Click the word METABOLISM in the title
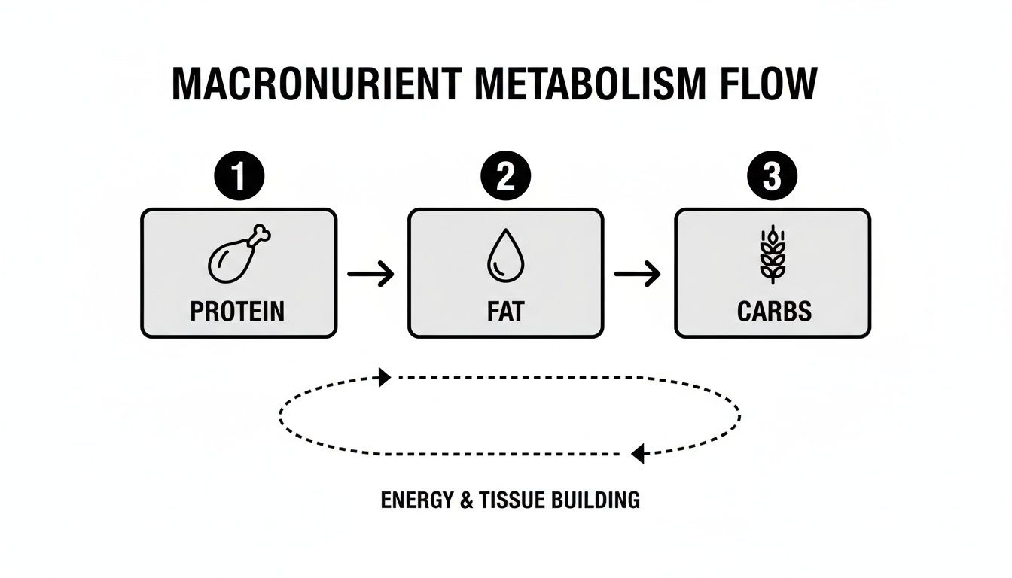pyautogui.click(x=586, y=85)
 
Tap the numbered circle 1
pyautogui.click(x=239, y=178)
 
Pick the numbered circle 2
pyautogui.click(x=506, y=178)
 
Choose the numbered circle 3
pyautogui.click(x=772, y=178)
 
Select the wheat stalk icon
pyautogui.click(x=772, y=255)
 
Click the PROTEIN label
pyautogui.click(x=238, y=312)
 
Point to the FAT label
pyautogui.click(x=505, y=312)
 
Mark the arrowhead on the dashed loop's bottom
pyautogui.click(x=638, y=454)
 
